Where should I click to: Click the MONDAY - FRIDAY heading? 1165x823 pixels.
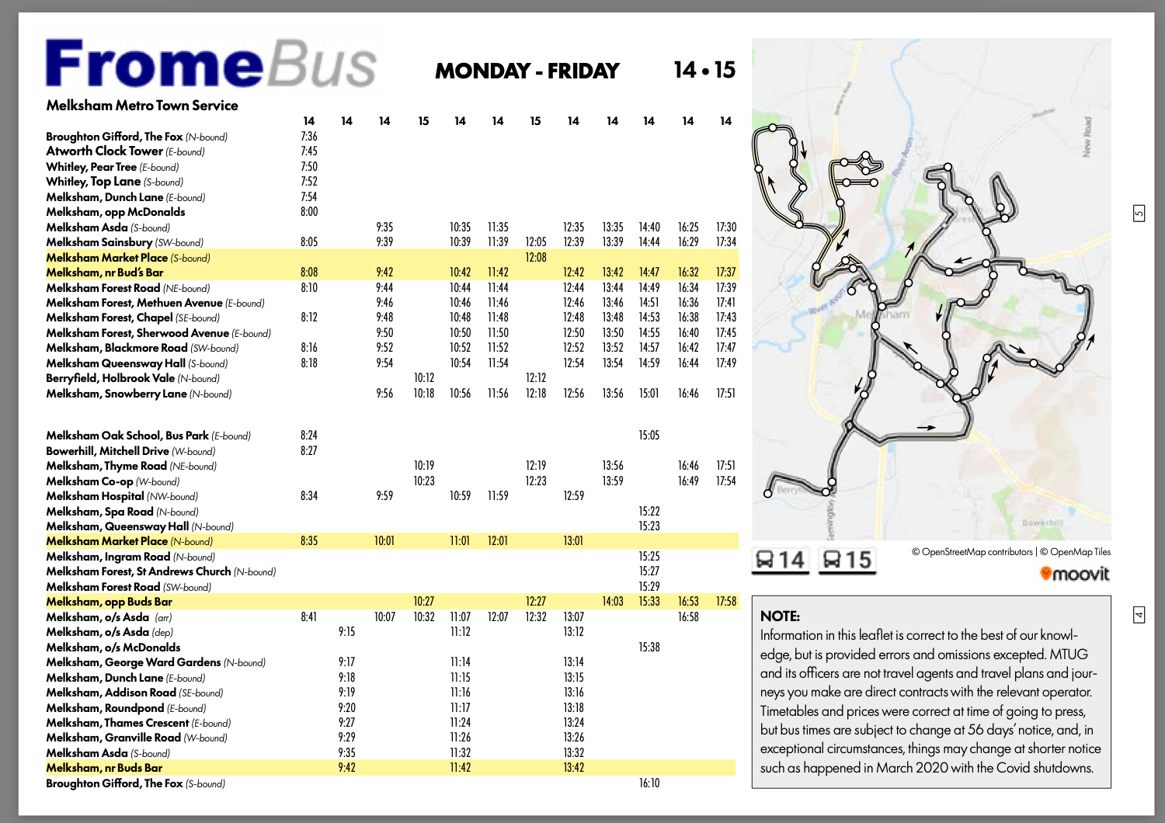[527, 71]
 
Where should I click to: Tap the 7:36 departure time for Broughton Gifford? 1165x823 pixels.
[309, 136]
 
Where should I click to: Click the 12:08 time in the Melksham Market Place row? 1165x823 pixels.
[536, 257]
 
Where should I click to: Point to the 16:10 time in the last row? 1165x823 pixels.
[649, 783]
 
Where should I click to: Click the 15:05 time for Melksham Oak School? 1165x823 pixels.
[649, 435]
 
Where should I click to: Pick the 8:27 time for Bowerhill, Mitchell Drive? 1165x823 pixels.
[309, 450]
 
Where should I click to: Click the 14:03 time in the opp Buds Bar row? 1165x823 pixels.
[612, 601]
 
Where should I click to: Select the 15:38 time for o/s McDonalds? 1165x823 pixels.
[649, 647]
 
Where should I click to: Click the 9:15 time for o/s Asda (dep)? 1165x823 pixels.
[346, 631]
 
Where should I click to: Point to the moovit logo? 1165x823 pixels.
[1075, 574]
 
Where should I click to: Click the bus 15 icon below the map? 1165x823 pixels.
[847, 559]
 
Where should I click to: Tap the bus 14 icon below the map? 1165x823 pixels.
[781, 559]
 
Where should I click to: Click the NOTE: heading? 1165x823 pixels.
[780, 616]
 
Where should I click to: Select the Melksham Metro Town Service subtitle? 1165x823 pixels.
[142, 106]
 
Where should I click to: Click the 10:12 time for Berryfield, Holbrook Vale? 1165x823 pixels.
[423, 378]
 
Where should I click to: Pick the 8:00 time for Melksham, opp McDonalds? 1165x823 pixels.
[309, 211]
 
